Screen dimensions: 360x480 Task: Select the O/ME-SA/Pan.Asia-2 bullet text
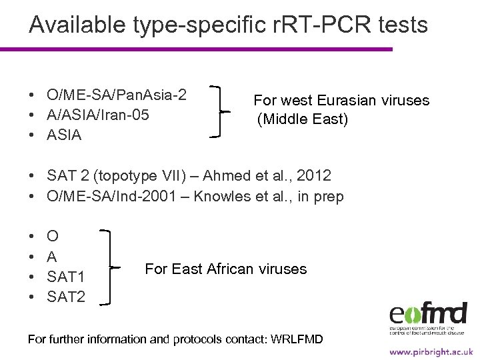(116, 95)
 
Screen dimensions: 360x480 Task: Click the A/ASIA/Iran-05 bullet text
(97, 115)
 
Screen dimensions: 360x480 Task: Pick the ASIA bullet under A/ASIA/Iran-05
(64, 135)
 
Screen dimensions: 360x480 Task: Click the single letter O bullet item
(53, 236)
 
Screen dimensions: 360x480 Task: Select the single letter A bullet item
(52, 257)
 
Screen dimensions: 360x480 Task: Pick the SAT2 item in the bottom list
(66, 297)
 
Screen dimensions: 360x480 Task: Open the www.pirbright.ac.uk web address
(431, 351)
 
